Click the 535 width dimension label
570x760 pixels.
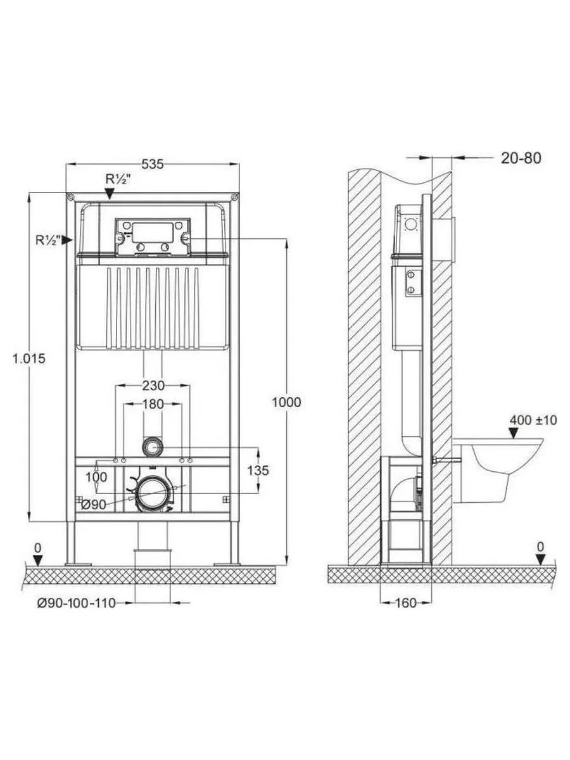point(153,164)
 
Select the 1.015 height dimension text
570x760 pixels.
point(29,358)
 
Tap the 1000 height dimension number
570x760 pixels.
point(286,402)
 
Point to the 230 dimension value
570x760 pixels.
point(153,385)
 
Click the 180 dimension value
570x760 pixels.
point(153,404)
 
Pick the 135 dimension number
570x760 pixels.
point(258,470)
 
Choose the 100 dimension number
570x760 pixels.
point(96,477)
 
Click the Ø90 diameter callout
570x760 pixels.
point(94,505)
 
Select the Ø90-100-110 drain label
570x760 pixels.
point(77,603)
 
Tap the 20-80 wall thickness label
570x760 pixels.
point(521,158)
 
